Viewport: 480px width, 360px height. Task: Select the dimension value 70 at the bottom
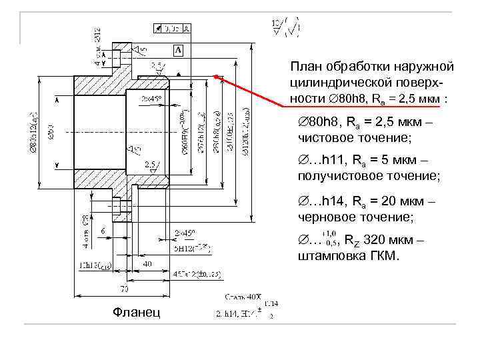point(125,288)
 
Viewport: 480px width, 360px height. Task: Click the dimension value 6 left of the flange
point(103,231)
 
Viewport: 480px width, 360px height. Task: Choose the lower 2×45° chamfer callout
point(184,233)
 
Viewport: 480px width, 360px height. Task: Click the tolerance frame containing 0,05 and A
point(172,29)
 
